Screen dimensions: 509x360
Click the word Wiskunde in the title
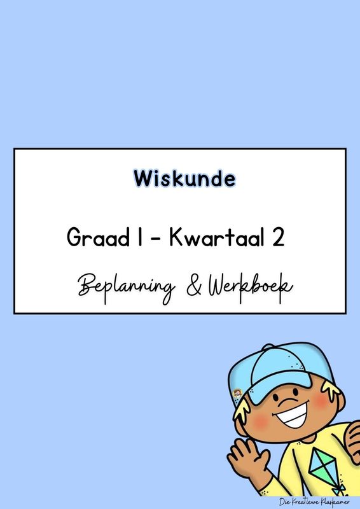184,179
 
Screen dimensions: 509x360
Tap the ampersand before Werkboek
191,286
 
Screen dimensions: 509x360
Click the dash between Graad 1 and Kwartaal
157,241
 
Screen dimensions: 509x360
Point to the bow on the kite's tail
340,490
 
